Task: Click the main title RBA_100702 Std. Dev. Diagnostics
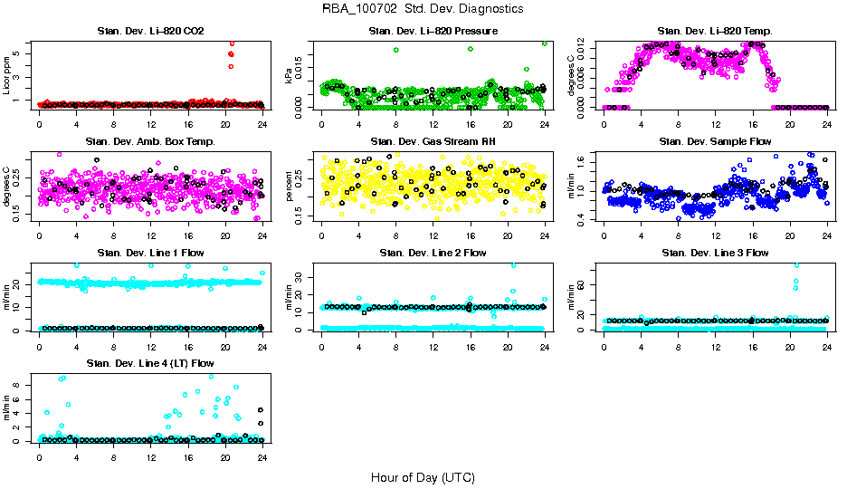pyautogui.click(x=422, y=9)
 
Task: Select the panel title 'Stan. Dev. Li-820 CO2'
pyautogui.click(x=150, y=32)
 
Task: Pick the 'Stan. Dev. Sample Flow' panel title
pyautogui.click(x=715, y=142)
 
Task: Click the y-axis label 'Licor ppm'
pyautogui.click(x=7, y=75)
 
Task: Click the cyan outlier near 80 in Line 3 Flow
pyautogui.click(x=796, y=265)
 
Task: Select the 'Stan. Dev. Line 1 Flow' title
pyautogui.click(x=150, y=253)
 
